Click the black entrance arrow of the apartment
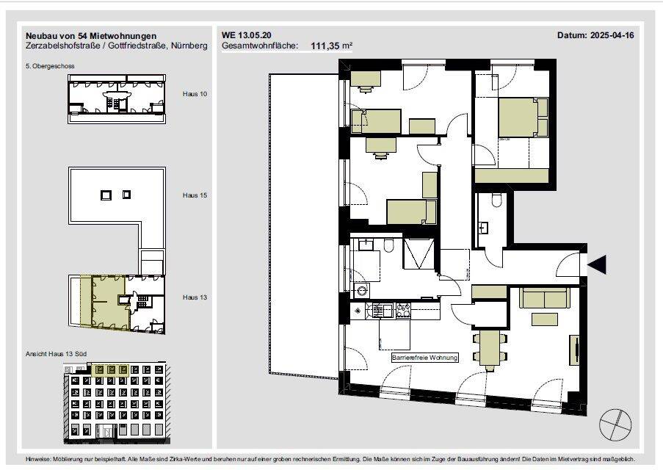(x=597, y=265)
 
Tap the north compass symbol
(x=615, y=424)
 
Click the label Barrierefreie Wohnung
(x=424, y=358)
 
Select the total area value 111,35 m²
(x=332, y=46)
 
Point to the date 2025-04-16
(x=612, y=35)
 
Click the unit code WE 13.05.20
(x=247, y=35)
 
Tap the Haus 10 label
(x=195, y=94)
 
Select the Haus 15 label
(x=195, y=195)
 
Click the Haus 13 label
(x=195, y=297)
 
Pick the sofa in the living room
(x=544, y=298)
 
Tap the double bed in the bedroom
(x=523, y=117)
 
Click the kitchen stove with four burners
(x=403, y=311)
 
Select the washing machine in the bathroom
(x=361, y=291)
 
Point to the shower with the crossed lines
(x=419, y=254)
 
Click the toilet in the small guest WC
(x=496, y=200)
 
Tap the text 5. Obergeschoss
(x=50, y=66)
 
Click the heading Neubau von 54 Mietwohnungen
(x=91, y=36)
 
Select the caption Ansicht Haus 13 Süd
(x=57, y=354)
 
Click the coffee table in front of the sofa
(x=545, y=319)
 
